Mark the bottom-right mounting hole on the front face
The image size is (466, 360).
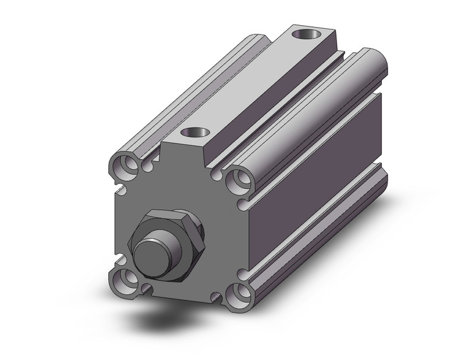pyautogui.click(x=239, y=295)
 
